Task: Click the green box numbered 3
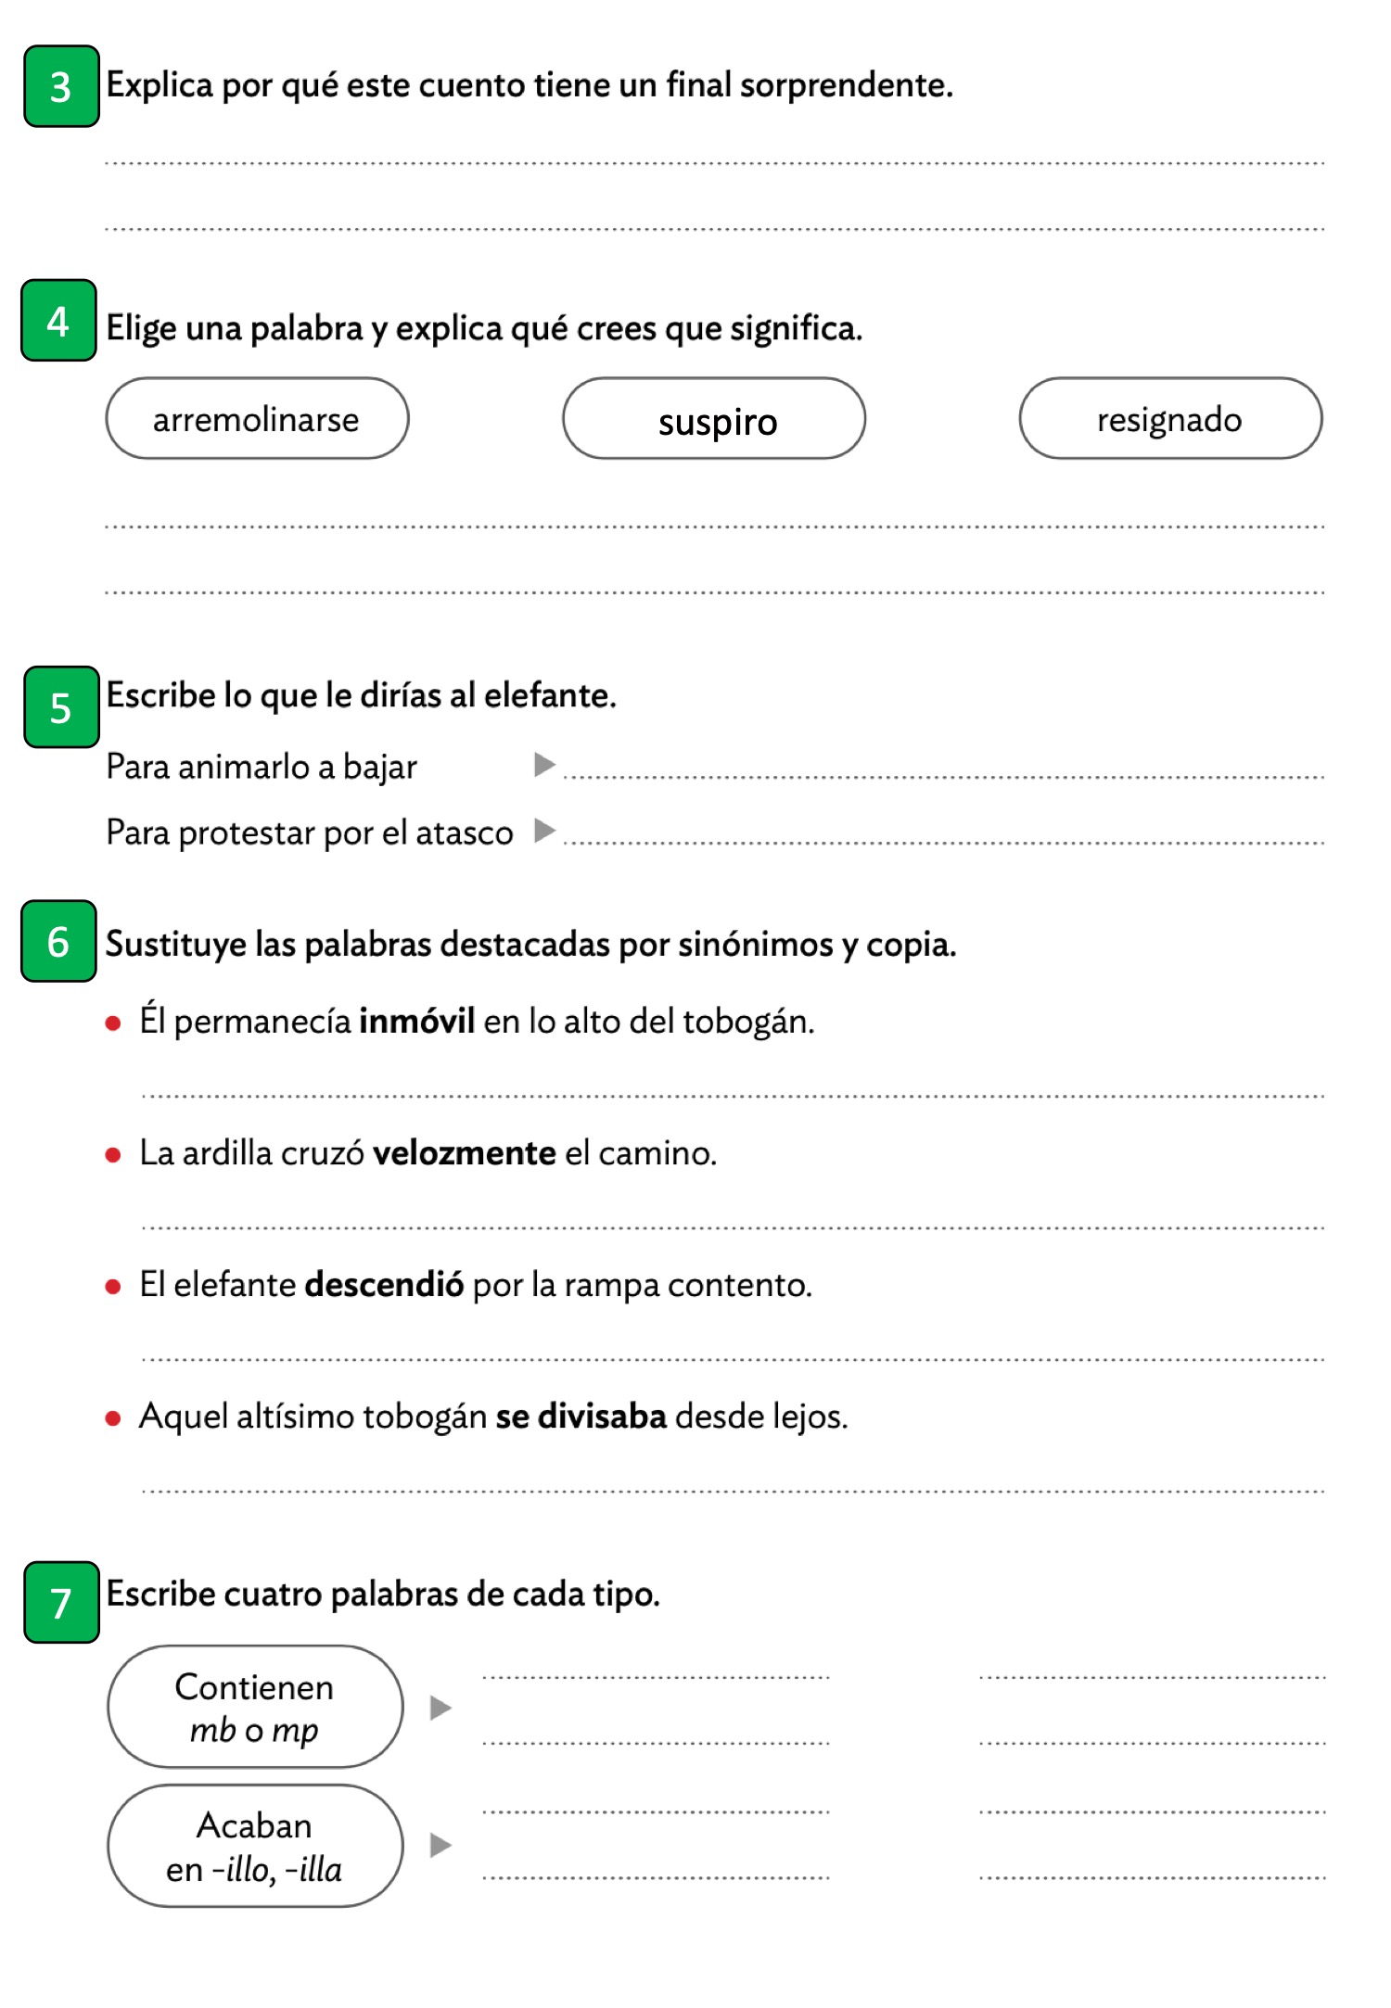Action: point(61,86)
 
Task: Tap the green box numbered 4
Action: point(58,321)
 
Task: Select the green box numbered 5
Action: point(61,707)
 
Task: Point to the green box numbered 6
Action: point(58,941)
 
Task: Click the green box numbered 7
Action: point(61,1602)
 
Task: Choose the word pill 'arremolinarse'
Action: point(257,419)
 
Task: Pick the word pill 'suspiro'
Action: point(714,419)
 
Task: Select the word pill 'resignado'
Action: point(1170,419)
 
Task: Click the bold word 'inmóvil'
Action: point(416,1021)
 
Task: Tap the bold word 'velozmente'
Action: point(464,1152)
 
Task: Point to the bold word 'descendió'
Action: point(384,1285)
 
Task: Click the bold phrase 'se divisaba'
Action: point(581,1417)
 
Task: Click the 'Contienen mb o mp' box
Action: point(255,1707)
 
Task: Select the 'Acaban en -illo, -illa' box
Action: point(255,1846)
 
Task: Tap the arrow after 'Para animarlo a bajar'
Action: point(544,765)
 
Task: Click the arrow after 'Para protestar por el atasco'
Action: point(544,831)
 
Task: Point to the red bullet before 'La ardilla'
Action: point(113,1155)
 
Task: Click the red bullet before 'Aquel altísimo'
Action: point(113,1418)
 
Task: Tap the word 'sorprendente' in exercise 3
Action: point(846,85)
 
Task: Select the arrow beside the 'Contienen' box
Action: point(440,1708)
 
